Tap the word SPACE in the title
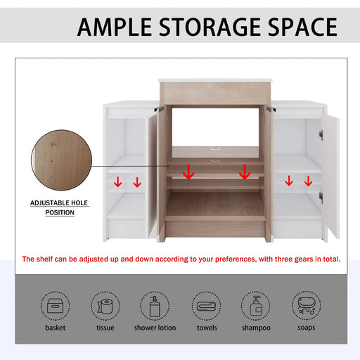[298, 27]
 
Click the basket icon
[54, 306]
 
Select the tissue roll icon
[105, 306]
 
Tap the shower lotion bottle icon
[155, 306]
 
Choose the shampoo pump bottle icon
[255, 306]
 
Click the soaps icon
[307, 306]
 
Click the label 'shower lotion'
[155, 328]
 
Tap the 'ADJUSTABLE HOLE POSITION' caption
[60, 207]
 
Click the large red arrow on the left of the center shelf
[188, 172]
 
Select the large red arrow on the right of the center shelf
[245, 172]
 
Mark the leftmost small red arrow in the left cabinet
[118, 183]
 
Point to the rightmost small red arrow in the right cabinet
[308, 183]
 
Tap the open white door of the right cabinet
[330, 176]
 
